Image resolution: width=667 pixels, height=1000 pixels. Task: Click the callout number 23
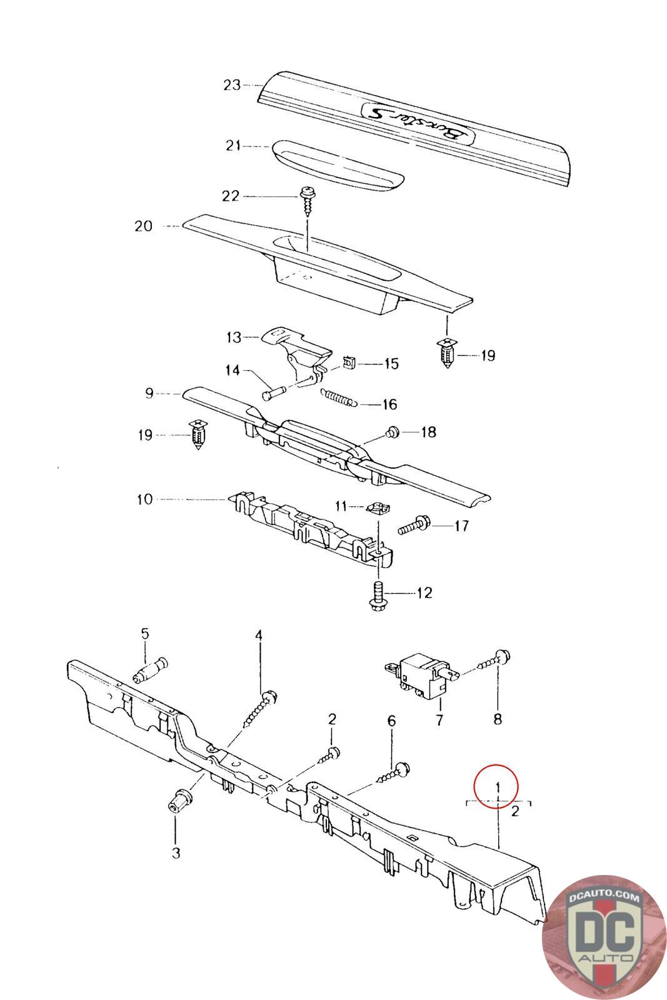pyautogui.click(x=232, y=85)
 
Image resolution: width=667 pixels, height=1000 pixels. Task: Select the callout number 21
pyautogui.click(x=233, y=146)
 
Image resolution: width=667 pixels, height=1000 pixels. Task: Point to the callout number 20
pyautogui.click(x=144, y=226)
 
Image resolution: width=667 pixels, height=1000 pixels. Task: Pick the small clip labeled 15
pyautogui.click(x=351, y=362)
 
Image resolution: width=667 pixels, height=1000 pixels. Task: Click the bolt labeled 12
pyautogui.click(x=378, y=594)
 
